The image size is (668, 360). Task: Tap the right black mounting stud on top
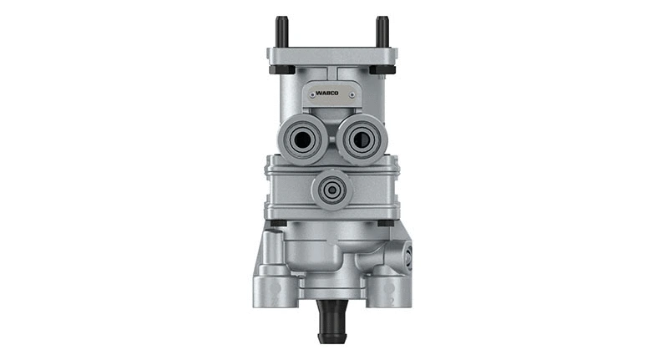[382, 33]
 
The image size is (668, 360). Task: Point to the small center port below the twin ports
[332, 190]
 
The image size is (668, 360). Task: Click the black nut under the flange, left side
[281, 69]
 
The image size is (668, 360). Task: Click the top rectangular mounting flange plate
[332, 57]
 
